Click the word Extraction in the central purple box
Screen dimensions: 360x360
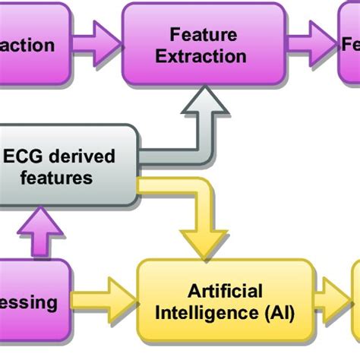[208, 56]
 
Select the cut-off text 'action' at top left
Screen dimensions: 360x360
[27, 46]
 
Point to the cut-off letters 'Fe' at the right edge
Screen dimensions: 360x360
[349, 46]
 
